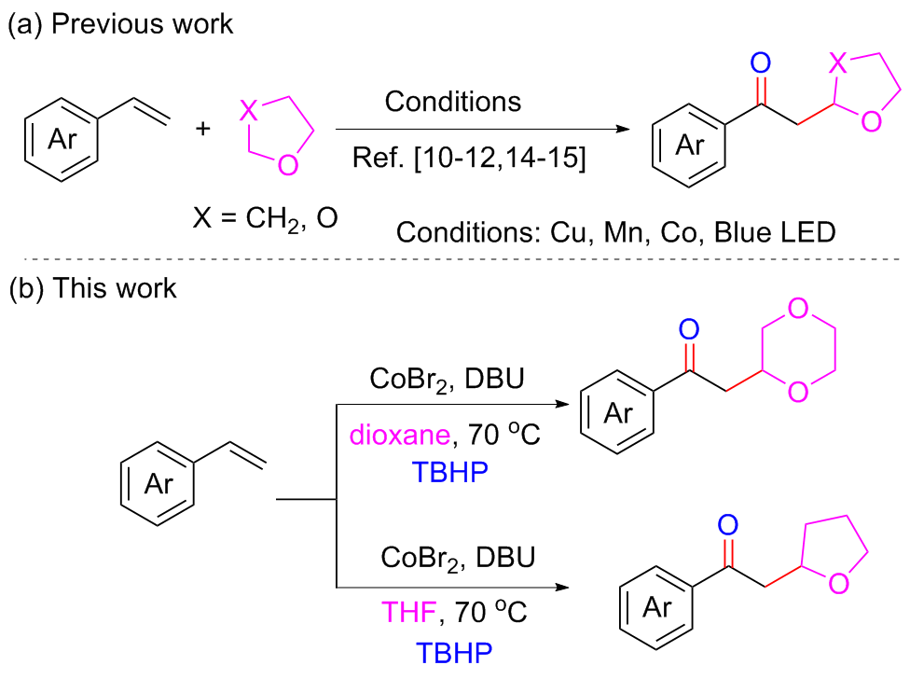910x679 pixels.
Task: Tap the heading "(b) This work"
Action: click(92, 287)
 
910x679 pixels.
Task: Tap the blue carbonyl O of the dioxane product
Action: click(690, 329)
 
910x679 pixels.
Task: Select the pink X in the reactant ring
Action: click(247, 111)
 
